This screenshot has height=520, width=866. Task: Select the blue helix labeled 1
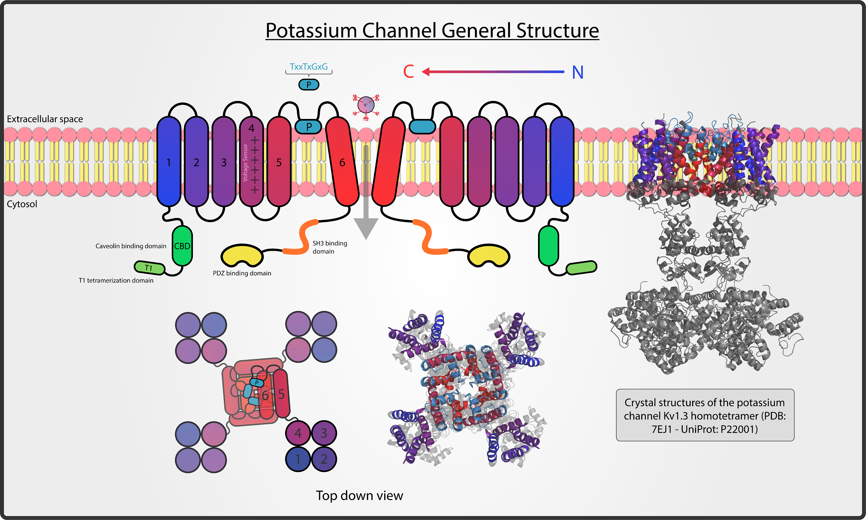tap(169, 162)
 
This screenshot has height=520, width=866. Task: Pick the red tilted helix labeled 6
tap(342, 162)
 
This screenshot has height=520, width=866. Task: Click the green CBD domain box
tap(182, 246)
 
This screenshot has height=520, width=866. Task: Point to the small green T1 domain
tap(149, 268)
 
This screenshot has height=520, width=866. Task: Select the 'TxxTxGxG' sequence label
tap(309, 66)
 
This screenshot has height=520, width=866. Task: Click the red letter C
tap(408, 72)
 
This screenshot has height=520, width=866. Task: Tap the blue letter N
tap(578, 73)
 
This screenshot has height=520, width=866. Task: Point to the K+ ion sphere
tap(366, 105)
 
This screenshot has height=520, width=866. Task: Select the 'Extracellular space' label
tap(45, 119)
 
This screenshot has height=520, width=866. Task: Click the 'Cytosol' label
tap(22, 204)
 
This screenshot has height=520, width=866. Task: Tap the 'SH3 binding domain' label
tap(329, 247)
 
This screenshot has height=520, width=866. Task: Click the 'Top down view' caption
tap(359, 495)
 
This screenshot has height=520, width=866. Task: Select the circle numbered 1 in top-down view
tap(298, 459)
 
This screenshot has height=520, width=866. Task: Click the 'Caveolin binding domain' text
tap(131, 246)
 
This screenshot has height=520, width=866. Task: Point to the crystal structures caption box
tap(705, 415)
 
